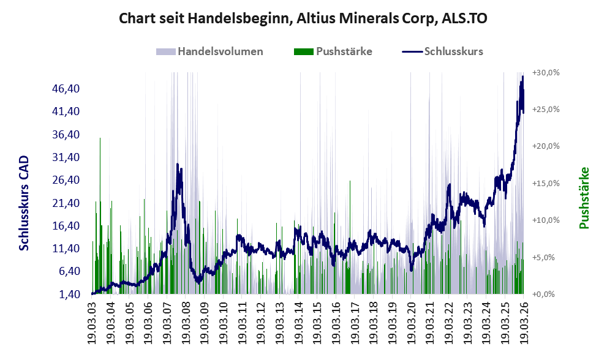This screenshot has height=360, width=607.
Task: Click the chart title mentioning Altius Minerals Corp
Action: pyautogui.click(x=303, y=18)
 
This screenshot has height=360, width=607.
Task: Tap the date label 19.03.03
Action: pyautogui.click(x=92, y=319)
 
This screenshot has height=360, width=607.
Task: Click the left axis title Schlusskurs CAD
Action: pyautogui.click(x=24, y=203)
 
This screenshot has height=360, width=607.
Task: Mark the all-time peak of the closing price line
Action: pyautogui.click(x=522, y=77)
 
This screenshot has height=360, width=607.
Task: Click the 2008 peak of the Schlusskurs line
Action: pyautogui.click(x=178, y=164)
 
